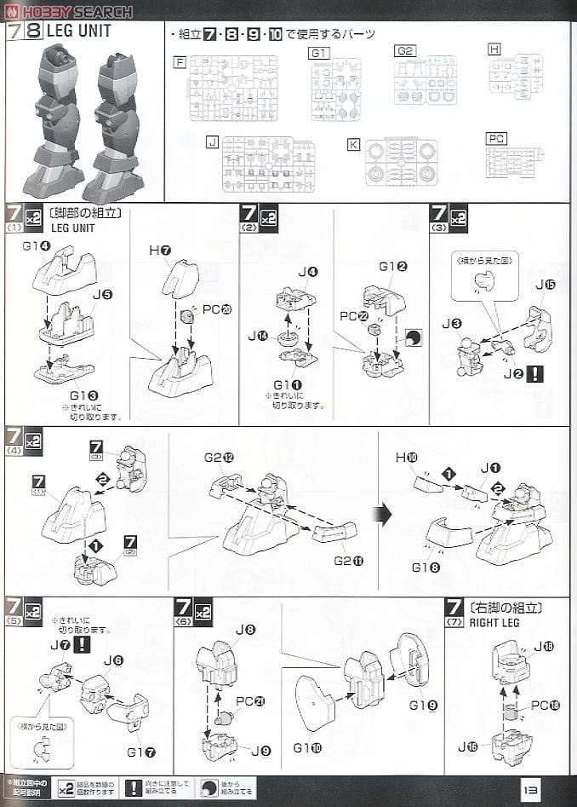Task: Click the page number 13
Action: [x=529, y=790]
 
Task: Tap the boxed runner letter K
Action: [x=353, y=144]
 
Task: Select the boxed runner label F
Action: [x=179, y=61]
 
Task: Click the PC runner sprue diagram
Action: [x=514, y=162]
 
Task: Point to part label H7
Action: [x=160, y=250]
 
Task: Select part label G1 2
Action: [x=393, y=266]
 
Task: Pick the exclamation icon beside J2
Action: [x=534, y=373]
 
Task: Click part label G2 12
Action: [x=220, y=458]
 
